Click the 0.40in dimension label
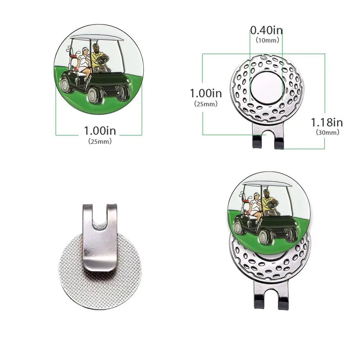[266, 30]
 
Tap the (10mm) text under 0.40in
[267, 40]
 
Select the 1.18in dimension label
[327, 122]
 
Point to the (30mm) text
[328, 132]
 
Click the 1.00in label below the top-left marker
[100, 130]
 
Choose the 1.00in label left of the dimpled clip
[206, 93]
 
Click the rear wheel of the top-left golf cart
[66, 85]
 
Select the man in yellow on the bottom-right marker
[267, 202]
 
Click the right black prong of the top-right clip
[279, 144]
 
